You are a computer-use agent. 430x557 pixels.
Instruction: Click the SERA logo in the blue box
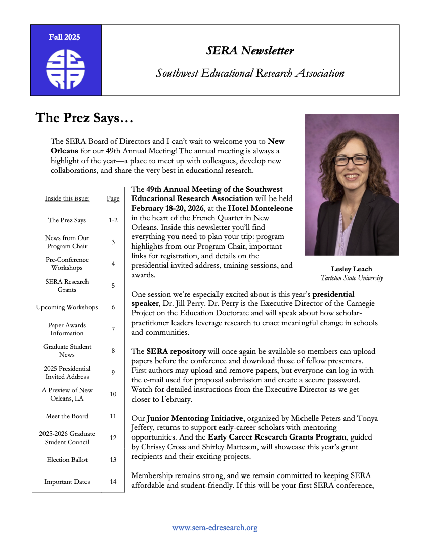point(66,69)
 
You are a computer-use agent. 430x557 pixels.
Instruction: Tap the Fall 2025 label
point(64,37)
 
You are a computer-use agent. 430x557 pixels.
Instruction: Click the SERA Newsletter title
point(250,51)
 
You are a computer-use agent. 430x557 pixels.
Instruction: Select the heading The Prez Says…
point(84,118)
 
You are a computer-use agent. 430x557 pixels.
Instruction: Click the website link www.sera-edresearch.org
point(215,528)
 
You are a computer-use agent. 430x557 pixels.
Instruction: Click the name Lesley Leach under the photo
point(352,269)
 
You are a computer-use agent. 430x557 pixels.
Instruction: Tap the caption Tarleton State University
point(352,277)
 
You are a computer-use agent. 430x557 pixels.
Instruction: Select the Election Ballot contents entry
point(67,460)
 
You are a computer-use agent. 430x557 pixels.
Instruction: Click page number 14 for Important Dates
point(113,482)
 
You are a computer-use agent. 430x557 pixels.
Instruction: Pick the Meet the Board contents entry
point(67,416)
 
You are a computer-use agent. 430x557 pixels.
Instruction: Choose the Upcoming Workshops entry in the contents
point(67,307)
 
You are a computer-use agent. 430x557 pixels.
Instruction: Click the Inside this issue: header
point(67,198)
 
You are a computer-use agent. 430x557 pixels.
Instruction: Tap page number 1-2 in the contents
point(113,220)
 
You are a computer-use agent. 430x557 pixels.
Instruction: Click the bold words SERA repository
point(176,351)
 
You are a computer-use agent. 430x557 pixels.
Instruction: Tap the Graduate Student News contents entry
point(67,351)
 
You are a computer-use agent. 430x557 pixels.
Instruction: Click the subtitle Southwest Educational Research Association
point(250,73)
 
